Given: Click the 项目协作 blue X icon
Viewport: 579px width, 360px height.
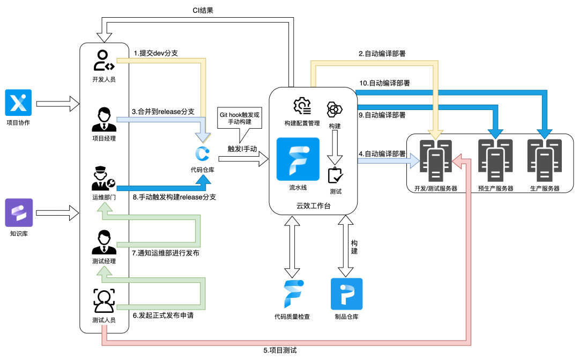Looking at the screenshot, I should coord(19,102).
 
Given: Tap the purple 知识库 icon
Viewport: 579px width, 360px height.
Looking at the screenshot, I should coord(19,212).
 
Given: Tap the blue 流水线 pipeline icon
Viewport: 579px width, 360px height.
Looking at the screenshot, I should coord(298,159).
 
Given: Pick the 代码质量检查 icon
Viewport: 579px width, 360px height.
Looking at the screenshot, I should coord(294,293).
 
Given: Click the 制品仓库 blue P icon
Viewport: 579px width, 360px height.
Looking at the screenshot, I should coord(346,293).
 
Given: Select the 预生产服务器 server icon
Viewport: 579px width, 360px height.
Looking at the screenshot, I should coord(495,160).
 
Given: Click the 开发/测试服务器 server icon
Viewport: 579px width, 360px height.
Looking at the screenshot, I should coord(435,160).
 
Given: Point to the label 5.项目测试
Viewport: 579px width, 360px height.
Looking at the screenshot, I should coord(280,350).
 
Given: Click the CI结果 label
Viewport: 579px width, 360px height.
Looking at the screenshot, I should coord(203,10).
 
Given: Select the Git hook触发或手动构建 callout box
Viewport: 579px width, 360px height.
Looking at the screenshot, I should coord(240,118).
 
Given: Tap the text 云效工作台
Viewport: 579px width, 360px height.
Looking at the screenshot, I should coord(314,206).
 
